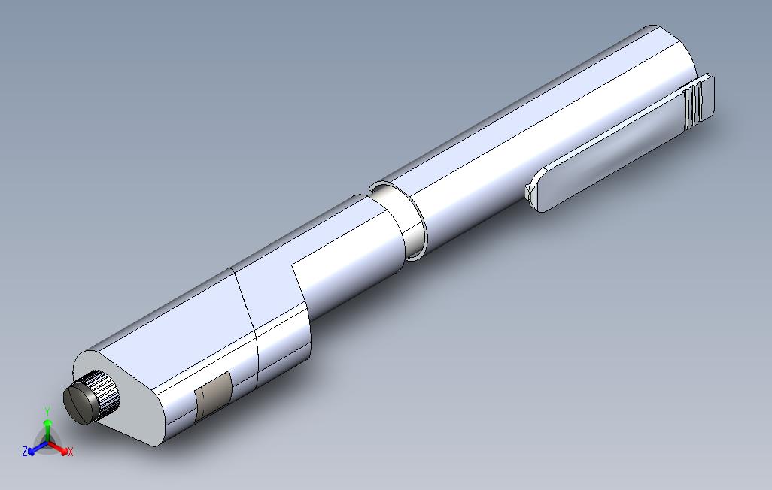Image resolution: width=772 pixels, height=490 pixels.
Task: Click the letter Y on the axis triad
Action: click(47, 411)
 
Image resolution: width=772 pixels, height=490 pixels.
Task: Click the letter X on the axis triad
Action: click(70, 452)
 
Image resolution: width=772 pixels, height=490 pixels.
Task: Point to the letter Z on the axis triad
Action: click(25, 452)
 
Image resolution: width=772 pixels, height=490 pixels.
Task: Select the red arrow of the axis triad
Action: click(60, 449)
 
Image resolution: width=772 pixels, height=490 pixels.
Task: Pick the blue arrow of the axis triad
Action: click(35, 449)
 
